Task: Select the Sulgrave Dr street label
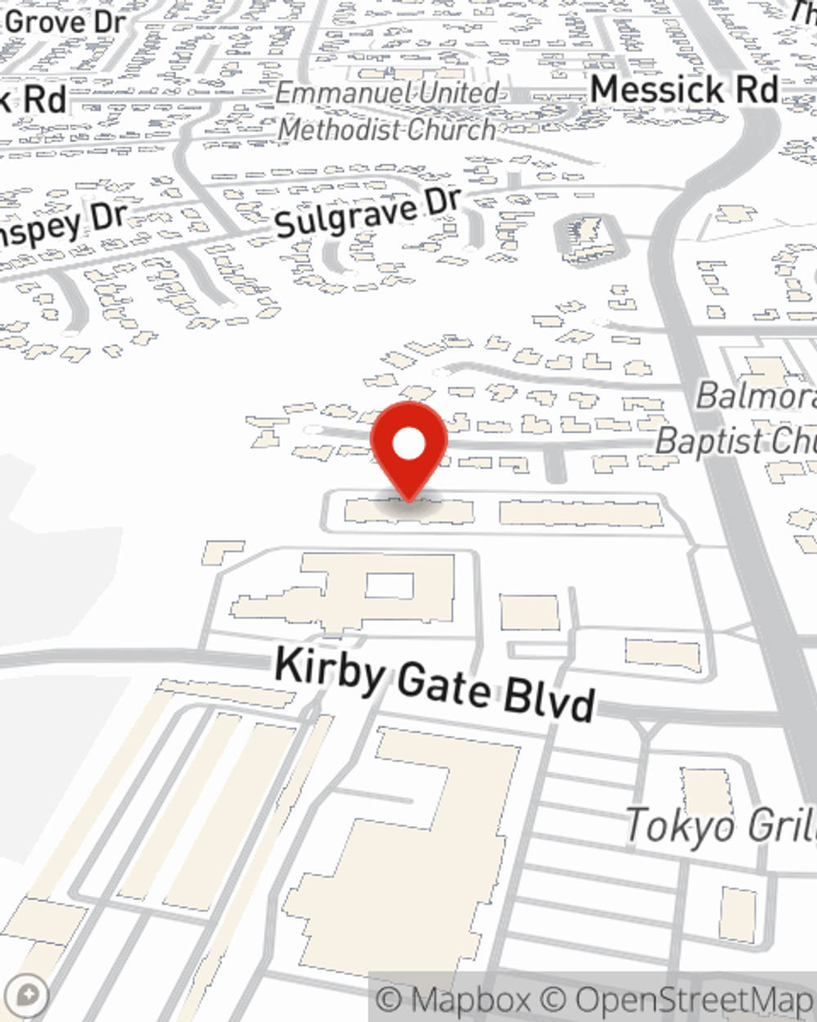point(368,212)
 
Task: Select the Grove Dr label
point(65,22)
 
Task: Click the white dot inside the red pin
point(409,446)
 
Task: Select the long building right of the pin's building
point(580,513)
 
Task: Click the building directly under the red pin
point(408,512)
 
